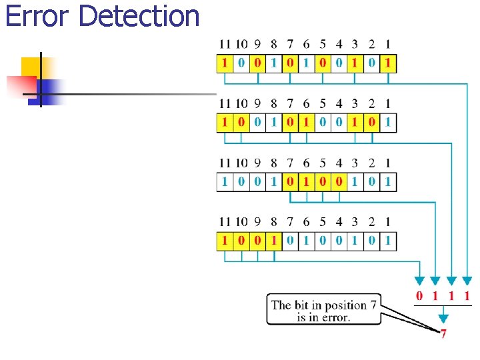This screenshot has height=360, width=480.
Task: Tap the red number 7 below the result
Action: tap(443, 334)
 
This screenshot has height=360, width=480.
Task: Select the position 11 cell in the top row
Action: tap(225, 64)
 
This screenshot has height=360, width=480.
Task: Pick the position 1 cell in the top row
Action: tap(388, 64)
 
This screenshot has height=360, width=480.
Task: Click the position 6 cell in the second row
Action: tap(306, 123)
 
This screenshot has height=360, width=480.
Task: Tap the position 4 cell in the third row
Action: tap(339, 181)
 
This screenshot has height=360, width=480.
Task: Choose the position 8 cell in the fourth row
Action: tap(273, 240)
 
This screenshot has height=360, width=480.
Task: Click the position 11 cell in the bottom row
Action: tap(225, 240)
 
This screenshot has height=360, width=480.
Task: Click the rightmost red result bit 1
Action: tap(468, 295)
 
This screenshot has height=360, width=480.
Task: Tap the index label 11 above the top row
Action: tap(225, 45)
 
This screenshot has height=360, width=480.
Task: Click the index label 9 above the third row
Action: tap(257, 163)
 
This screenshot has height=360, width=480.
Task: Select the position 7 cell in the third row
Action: tap(290, 181)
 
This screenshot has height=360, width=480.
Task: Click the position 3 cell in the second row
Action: tap(355, 123)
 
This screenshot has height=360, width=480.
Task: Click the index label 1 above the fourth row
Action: tap(388, 221)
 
